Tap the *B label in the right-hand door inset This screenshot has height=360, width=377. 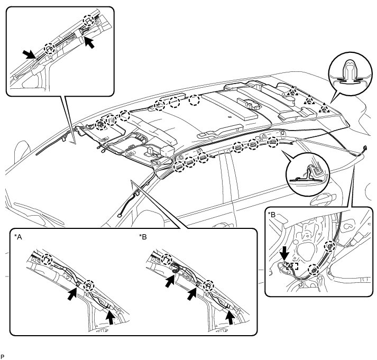pyautogui.click(x=272, y=214)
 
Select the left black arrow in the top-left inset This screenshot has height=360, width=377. pyautogui.click(x=29, y=53)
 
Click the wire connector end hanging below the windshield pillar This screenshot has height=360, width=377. pyautogui.click(x=123, y=214)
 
